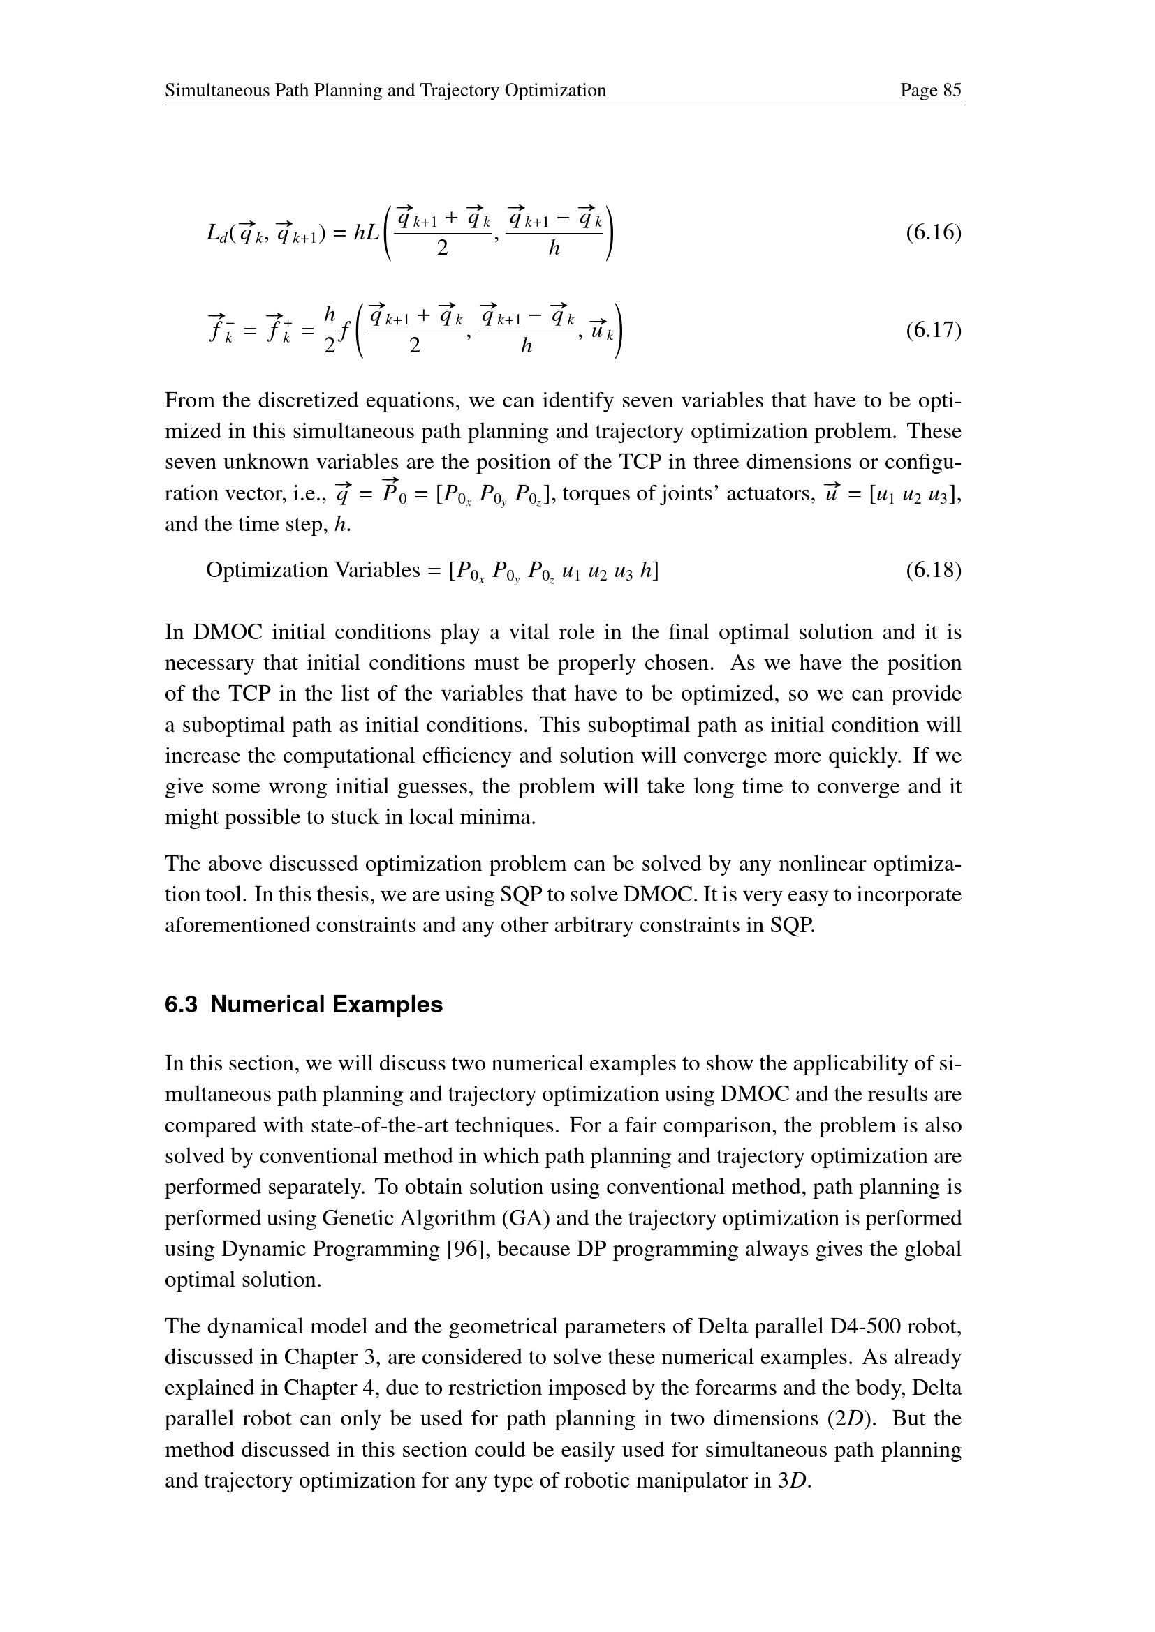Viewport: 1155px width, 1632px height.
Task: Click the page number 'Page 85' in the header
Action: coord(930,90)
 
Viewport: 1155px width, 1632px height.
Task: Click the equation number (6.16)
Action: coord(933,232)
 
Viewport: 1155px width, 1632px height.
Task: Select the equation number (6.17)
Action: coord(933,331)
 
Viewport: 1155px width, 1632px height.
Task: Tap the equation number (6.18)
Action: coord(933,570)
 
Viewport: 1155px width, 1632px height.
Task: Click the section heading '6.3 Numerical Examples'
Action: coord(304,1004)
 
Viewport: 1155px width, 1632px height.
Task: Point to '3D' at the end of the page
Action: coord(794,1481)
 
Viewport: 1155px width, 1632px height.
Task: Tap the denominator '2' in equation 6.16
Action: coord(442,248)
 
